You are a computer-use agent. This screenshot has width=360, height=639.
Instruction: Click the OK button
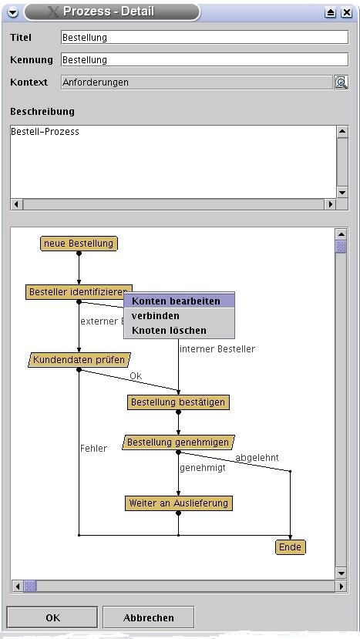(52, 617)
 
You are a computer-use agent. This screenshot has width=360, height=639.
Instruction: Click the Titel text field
(204, 38)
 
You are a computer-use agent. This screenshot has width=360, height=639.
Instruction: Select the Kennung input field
(204, 60)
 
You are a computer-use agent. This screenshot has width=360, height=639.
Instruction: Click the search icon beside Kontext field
(341, 82)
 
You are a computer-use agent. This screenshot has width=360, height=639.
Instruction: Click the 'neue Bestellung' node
(79, 244)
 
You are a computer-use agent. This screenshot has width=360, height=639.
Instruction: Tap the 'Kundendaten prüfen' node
(79, 360)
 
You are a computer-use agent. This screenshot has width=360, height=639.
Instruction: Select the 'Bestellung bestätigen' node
(178, 402)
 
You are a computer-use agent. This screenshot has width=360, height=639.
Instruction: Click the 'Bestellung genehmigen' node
(178, 442)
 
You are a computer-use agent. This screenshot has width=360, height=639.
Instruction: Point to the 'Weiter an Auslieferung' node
(179, 503)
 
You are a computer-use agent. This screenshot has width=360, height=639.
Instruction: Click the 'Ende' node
(291, 547)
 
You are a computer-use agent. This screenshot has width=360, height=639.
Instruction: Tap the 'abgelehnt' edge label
(257, 458)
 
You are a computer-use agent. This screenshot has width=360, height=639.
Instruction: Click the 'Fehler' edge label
(93, 449)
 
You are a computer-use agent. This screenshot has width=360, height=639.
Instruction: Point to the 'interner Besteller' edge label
(217, 349)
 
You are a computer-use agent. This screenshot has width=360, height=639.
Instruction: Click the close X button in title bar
(347, 12)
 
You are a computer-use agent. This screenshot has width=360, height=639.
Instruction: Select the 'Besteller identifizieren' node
(79, 292)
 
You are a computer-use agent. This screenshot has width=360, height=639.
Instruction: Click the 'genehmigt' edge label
(203, 468)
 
